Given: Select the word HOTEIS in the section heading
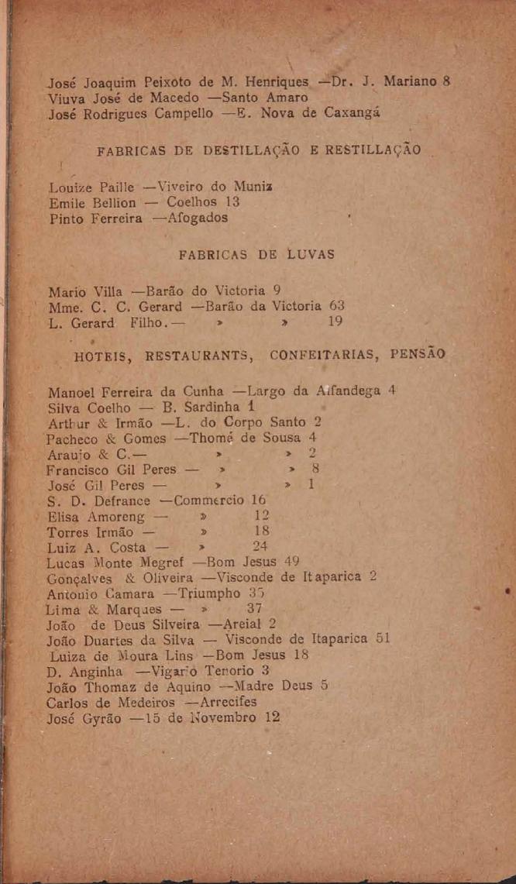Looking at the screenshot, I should point(101,357).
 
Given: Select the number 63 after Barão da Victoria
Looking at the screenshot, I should point(336,304).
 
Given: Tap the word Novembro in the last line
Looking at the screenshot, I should point(221,717).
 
